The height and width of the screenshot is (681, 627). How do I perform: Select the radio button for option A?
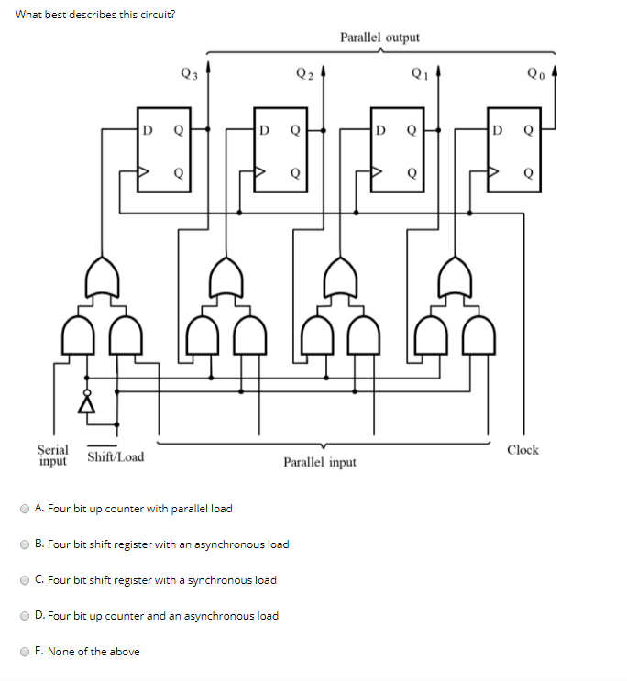25,508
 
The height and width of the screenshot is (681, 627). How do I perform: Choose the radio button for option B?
25,544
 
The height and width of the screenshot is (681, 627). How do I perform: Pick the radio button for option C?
25,579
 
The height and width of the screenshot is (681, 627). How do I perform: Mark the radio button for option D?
25,615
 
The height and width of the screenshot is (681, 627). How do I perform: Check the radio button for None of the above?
25,651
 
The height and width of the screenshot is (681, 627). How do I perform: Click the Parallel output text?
379,38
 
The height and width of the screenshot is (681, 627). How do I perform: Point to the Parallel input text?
320,462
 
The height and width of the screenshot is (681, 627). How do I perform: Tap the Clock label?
522,450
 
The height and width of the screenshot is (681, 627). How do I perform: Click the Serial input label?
52,455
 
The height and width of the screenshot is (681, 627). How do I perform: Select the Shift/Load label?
115,456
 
